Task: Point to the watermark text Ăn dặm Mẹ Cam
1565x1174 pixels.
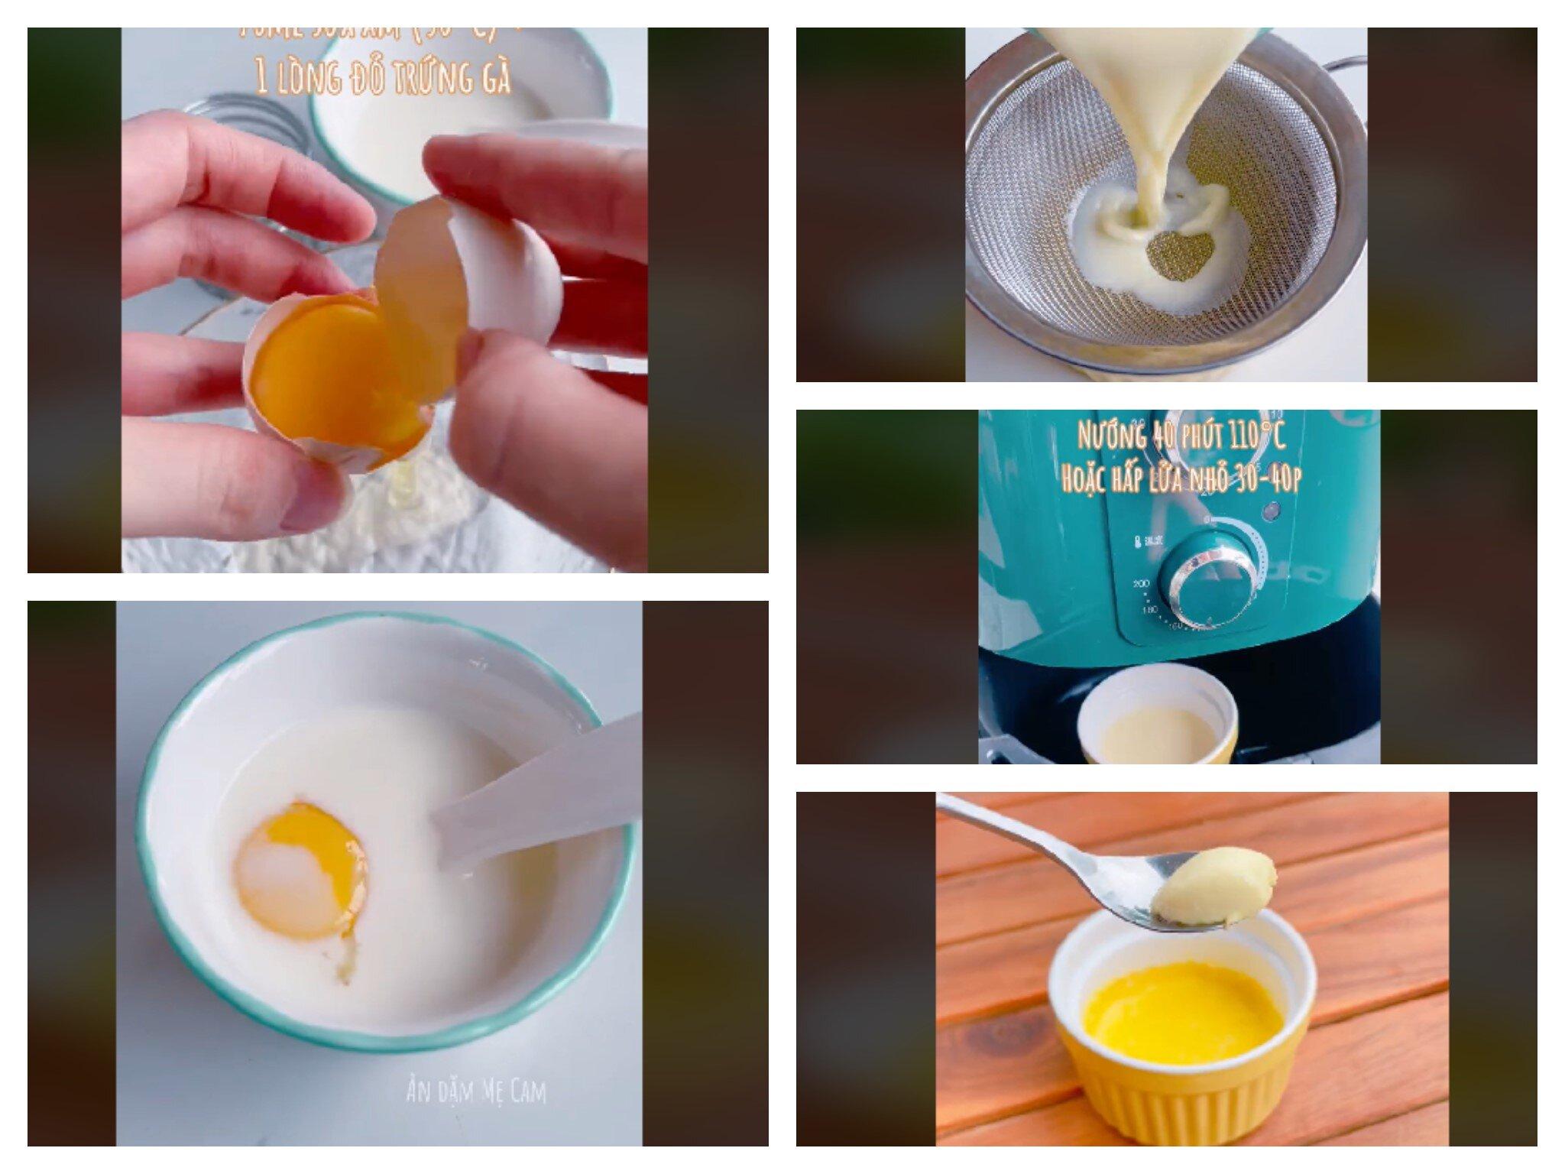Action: pos(476,1091)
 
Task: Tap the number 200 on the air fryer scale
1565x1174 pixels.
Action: pos(1142,585)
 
